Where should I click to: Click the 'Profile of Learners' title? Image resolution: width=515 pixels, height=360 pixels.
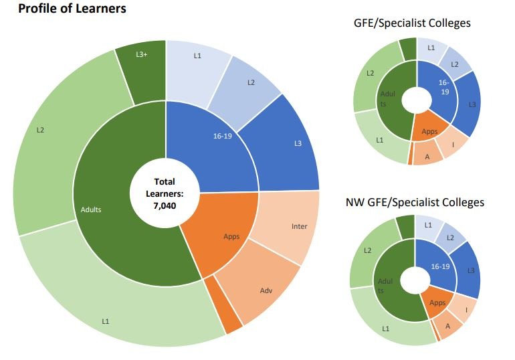click(72, 9)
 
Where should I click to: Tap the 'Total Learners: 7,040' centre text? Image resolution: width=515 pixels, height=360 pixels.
click(165, 193)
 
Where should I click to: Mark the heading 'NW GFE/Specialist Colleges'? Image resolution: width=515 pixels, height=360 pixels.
click(414, 202)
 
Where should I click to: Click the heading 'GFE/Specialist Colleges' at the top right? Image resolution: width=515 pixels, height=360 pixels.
click(411, 23)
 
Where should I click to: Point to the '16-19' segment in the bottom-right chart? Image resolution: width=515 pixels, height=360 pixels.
click(439, 266)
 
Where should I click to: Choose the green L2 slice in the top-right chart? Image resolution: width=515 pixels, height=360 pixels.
click(369, 74)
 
